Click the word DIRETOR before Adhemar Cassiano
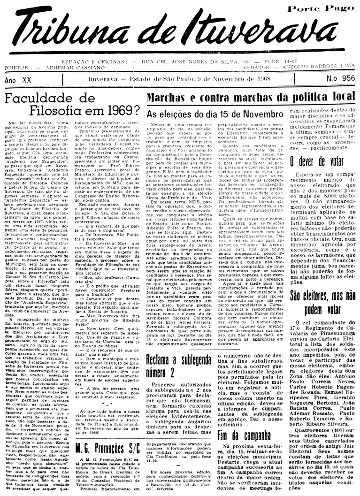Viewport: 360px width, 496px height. [x=17, y=68]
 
